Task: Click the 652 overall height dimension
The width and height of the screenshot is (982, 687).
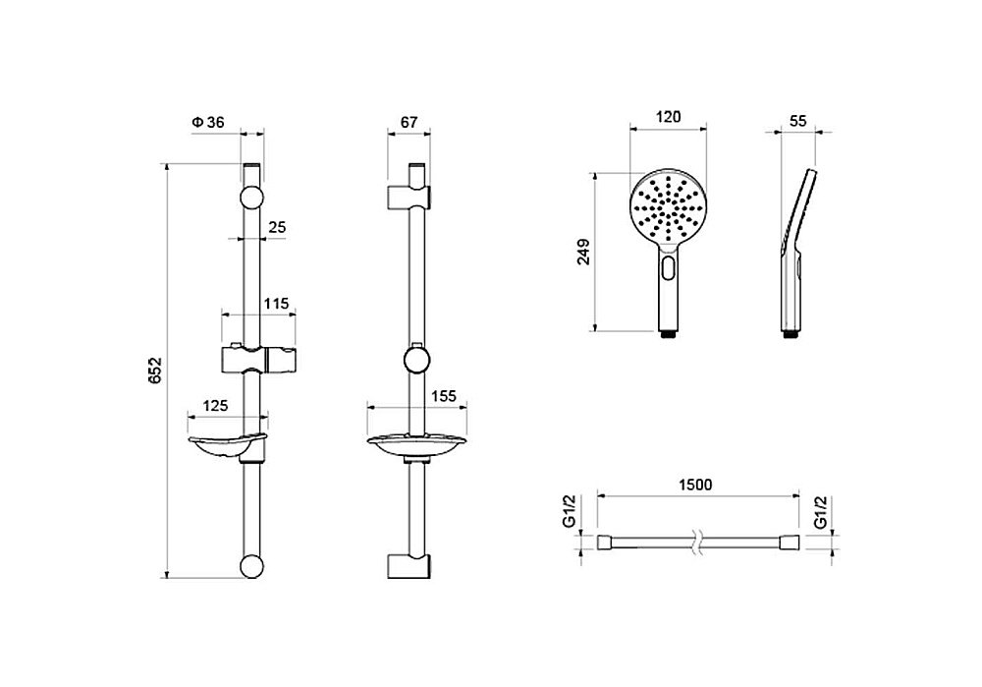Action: tap(155, 371)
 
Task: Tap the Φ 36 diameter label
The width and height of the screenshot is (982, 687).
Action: tap(208, 122)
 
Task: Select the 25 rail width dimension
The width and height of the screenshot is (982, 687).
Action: tap(277, 227)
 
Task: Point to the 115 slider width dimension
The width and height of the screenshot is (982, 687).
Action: tap(276, 304)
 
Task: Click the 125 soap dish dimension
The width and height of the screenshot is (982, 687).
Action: tap(215, 406)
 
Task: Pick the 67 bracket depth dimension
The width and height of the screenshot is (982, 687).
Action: tap(409, 122)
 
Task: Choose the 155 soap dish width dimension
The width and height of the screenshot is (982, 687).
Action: tap(444, 396)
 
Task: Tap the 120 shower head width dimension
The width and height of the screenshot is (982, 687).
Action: tap(668, 117)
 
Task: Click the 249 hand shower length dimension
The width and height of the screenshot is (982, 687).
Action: tap(583, 252)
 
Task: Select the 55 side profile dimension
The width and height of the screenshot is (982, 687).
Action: tap(797, 121)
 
